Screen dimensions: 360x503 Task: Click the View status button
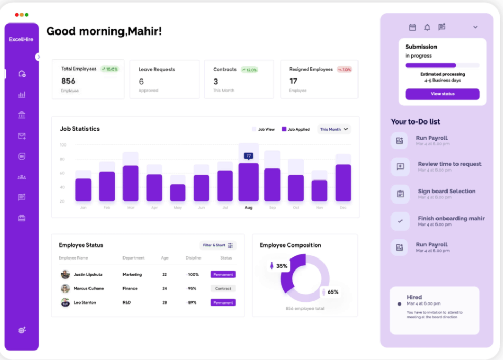[442, 94]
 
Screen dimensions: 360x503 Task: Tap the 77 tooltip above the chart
[248, 155]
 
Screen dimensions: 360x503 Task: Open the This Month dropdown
[334, 129]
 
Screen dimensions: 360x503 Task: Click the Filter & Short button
[218, 245]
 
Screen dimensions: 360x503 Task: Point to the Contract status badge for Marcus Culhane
[223, 288]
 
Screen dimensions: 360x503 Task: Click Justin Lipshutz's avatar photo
[65, 274]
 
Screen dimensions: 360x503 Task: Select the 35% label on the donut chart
[282, 266]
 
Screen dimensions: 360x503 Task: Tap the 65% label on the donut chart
[332, 292]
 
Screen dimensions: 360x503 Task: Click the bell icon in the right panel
[427, 27]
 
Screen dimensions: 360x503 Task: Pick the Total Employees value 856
[69, 81]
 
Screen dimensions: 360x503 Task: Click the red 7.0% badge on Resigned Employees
[344, 70]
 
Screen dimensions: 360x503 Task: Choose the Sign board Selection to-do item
[446, 192]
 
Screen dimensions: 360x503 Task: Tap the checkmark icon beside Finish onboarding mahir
[400, 221]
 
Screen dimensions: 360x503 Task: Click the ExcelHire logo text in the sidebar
[21, 39]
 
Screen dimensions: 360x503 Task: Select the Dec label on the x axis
[343, 208]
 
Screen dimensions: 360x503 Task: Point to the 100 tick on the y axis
[63, 145]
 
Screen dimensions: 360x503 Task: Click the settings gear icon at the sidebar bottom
[21, 330]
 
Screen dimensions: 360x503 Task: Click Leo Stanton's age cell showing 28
[164, 302]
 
